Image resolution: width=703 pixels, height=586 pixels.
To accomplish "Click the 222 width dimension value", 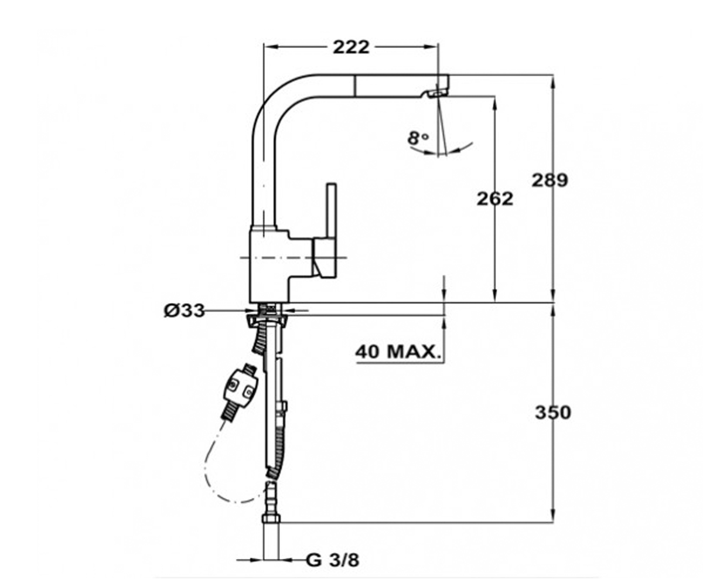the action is [351, 47].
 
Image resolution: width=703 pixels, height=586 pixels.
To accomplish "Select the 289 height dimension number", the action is [550, 180].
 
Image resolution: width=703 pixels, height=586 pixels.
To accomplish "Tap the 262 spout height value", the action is [495, 199].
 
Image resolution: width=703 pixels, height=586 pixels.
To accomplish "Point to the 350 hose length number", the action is [553, 413].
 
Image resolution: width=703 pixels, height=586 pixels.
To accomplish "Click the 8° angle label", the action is [418, 138].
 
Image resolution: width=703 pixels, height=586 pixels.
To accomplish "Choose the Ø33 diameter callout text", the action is [184, 311].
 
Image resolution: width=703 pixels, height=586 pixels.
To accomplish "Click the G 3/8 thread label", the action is [333, 560].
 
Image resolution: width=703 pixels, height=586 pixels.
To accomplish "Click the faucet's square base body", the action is [269, 266].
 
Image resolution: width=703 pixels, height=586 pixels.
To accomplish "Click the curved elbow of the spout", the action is [276, 101].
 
